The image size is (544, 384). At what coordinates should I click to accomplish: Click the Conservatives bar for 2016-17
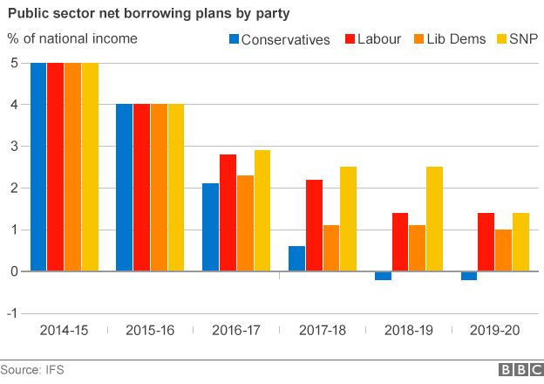pyautogui.click(x=210, y=227)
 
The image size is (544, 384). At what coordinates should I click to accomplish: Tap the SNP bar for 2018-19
pyautogui.click(x=434, y=219)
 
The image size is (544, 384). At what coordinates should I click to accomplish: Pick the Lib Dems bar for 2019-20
pyautogui.click(x=503, y=250)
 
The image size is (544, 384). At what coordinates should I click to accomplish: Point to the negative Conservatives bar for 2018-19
pyautogui.click(x=383, y=276)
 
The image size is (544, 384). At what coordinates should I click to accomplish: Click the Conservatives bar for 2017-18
pyautogui.click(x=296, y=258)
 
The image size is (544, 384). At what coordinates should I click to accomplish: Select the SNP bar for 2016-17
pyautogui.click(x=262, y=210)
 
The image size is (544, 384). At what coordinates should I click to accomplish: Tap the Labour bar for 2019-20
pyautogui.click(x=486, y=242)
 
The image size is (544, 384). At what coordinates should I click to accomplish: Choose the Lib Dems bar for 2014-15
pyautogui.click(x=73, y=167)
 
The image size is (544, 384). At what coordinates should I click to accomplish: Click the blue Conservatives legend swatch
pyautogui.click(x=234, y=39)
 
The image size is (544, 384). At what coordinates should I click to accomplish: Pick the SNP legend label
pyautogui.click(x=524, y=39)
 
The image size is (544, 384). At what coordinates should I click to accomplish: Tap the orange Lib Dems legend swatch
pyautogui.click(x=419, y=39)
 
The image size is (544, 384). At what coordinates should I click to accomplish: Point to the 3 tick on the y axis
pyautogui.click(x=14, y=147)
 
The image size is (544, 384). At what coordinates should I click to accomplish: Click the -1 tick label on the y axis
pyautogui.click(x=11, y=313)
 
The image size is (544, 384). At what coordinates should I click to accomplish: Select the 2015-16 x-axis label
pyautogui.click(x=148, y=331)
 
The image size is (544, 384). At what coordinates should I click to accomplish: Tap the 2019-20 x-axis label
pyautogui.click(x=494, y=331)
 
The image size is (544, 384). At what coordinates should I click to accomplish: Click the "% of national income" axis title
pyautogui.click(x=72, y=38)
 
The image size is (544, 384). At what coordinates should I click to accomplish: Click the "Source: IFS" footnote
pyautogui.click(x=32, y=370)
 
